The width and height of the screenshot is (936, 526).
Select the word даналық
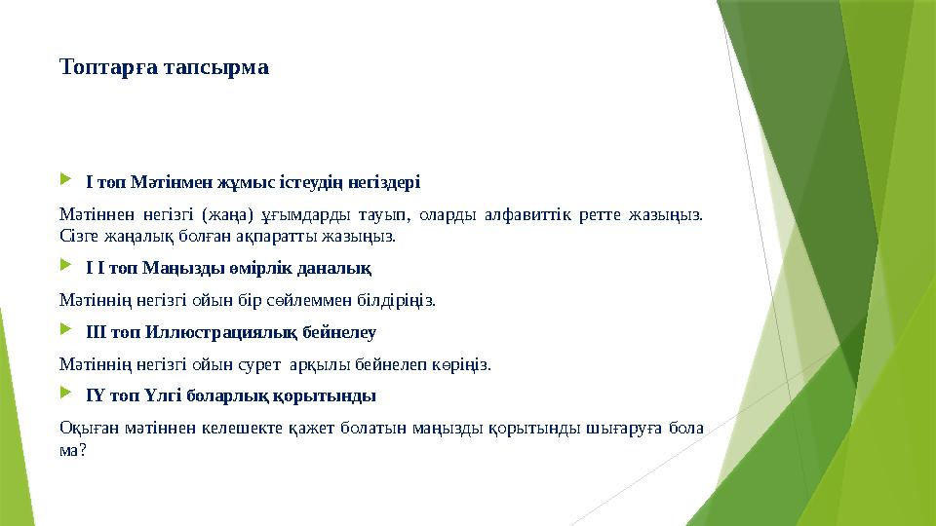[337, 267]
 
